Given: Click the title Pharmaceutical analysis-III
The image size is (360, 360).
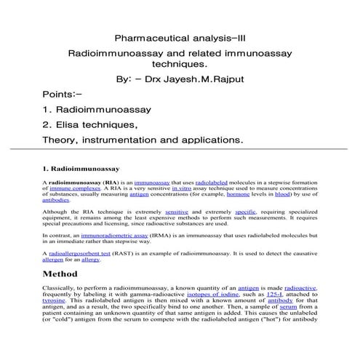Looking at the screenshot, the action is coord(180,37).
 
